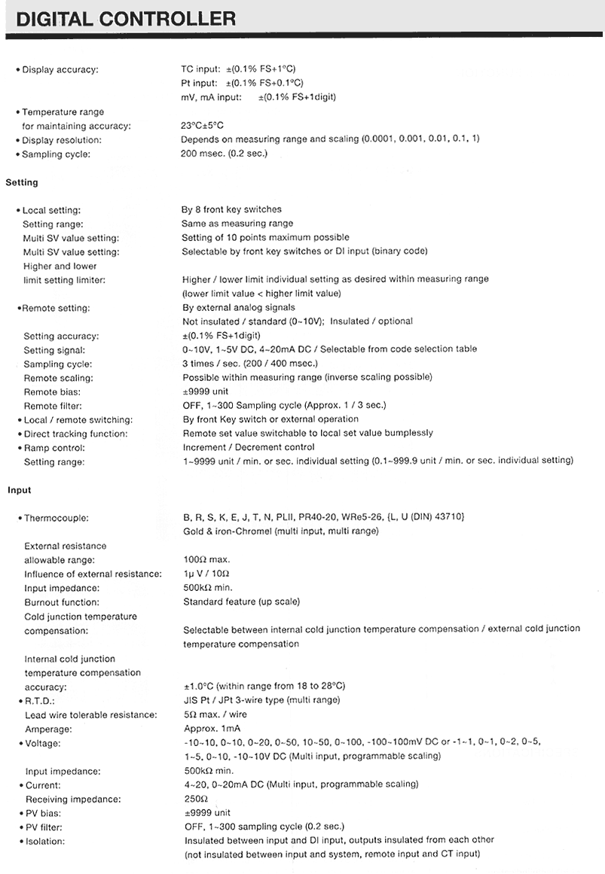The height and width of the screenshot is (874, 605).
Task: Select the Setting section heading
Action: [x=21, y=182]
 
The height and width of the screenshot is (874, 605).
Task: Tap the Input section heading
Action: [x=20, y=490]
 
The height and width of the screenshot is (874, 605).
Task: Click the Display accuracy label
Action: [x=60, y=70]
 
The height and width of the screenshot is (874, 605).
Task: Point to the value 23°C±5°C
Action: [x=202, y=126]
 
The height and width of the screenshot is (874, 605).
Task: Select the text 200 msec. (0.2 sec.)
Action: [x=223, y=154]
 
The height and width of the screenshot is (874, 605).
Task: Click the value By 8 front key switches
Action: [x=231, y=209]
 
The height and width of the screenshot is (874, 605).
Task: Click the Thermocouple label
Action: [x=56, y=518]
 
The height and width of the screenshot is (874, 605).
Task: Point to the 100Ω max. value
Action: [x=206, y=559]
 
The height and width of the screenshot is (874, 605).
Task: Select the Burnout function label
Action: [x=62, y=602]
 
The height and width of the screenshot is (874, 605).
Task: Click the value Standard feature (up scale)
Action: [x=241, y=602]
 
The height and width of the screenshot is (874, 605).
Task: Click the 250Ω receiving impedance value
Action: [x=195, y=799]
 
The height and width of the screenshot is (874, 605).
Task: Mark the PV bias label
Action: [x=44, y=813]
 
